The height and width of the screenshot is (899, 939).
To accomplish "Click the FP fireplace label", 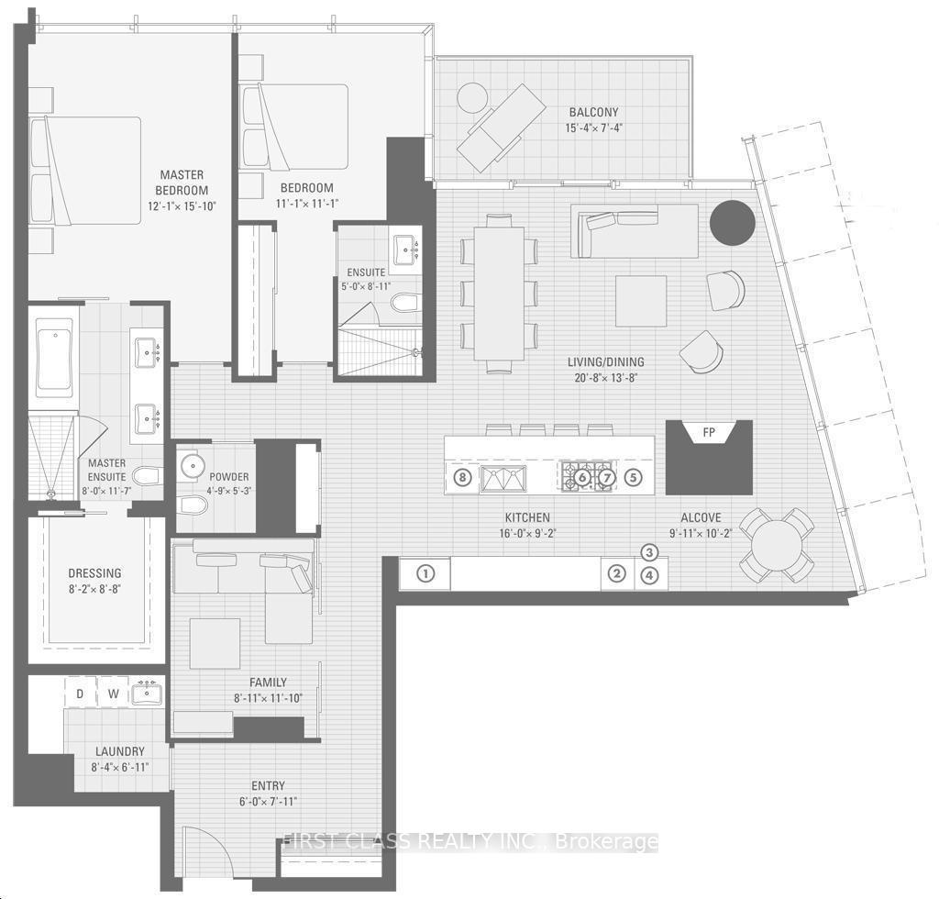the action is point(709,432).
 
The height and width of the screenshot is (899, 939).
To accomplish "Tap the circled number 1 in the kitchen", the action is point(425,573).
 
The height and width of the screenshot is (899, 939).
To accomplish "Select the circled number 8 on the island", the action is point(462,478).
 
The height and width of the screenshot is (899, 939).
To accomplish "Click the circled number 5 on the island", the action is point(633,478).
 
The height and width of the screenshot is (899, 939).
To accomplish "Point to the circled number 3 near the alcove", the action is point(649,552).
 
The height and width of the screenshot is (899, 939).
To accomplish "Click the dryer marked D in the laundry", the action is point(80,694).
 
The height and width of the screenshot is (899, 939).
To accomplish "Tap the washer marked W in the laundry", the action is point(113,694).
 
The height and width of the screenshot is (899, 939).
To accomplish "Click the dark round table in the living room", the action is point(731,222).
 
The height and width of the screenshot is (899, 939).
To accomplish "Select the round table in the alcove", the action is point(776,545).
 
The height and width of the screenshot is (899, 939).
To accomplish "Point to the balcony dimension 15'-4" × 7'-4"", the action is point(593,128).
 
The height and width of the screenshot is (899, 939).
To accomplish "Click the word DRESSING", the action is point(94,573).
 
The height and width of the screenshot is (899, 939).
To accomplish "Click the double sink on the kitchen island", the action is point(503,479).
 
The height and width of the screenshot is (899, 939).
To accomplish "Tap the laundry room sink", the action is point(147,694).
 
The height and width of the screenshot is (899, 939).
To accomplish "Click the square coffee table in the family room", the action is point(215,643).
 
